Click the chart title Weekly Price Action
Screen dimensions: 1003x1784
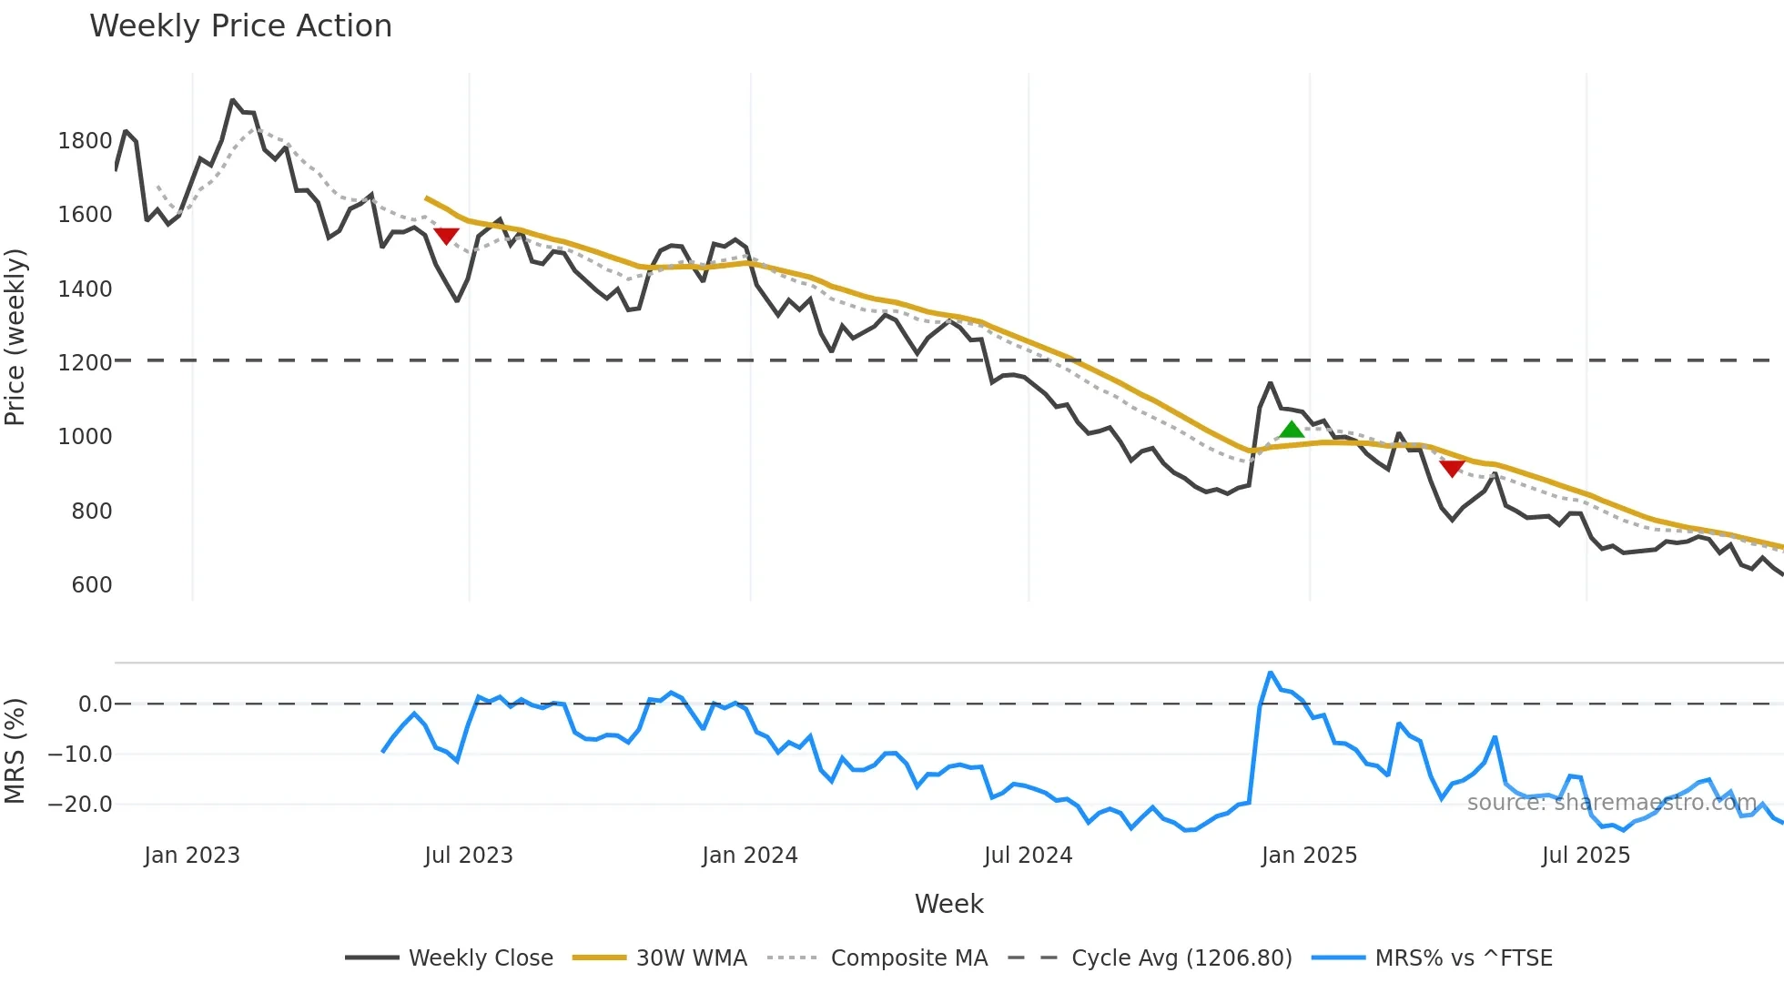[240, 26]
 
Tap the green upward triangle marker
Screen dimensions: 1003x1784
[1292, 430]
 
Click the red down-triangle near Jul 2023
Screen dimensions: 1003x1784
[446, 236]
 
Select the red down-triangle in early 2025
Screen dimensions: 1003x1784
[1452, 468]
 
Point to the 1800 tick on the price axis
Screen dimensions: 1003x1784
[85, 141]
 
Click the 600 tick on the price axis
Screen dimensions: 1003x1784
[91, 585]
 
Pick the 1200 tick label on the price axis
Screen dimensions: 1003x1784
[85, 363]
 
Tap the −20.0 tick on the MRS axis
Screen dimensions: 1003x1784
[79, 805]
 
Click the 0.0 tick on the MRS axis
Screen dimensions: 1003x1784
[95, 704]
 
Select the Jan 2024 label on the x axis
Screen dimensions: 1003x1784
[749, 856]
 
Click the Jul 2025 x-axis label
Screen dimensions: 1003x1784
[1586, 856]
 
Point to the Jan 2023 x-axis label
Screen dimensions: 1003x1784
[192, 856]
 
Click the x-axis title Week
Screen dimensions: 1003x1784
[948, 904]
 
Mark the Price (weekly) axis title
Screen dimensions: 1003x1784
[15, 337]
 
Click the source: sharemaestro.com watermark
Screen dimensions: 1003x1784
[1611, 803]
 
